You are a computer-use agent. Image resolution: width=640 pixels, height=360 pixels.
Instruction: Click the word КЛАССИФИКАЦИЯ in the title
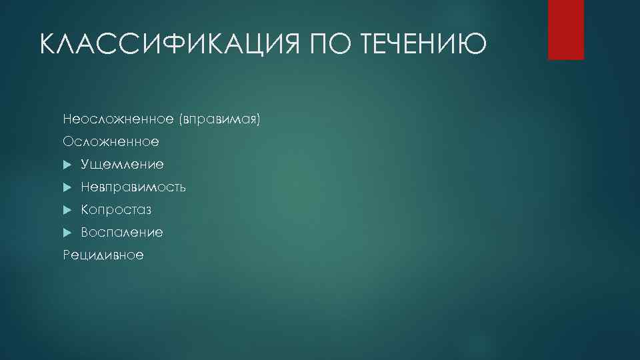coord(170,45)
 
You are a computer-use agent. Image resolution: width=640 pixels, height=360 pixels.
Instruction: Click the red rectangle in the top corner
coord(565,29)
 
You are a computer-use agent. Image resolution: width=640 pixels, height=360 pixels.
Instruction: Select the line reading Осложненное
coord(111,142)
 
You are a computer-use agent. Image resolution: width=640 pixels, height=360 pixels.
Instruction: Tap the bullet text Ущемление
coord(122,165)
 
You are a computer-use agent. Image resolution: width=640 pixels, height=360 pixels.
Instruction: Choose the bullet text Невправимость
coord(133,187)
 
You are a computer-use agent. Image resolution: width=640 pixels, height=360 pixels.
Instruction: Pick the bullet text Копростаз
coord(117,210)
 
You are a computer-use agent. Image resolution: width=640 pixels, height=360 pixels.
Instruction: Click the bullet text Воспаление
coord(122,233)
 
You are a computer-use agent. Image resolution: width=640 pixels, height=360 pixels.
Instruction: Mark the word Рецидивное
coord(103,255)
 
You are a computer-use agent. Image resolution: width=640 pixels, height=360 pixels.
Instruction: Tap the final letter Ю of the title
coord(475,45)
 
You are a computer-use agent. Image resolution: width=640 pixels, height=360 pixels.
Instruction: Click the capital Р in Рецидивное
coord(67,255)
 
